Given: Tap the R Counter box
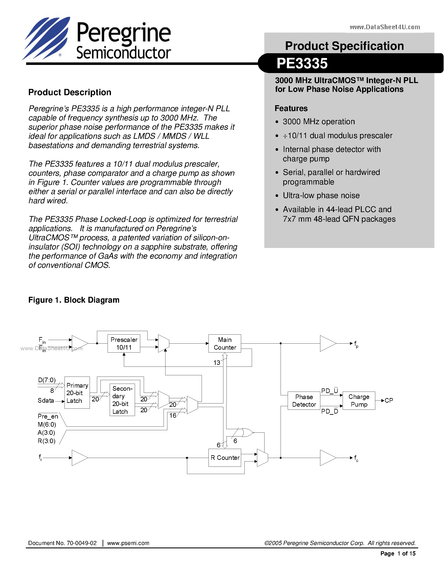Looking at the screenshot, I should tap(225, 458).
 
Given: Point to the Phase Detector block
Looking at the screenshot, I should tap(304, 401).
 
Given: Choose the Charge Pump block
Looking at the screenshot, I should tap(359, 400).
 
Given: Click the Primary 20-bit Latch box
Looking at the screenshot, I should tap(77, 393).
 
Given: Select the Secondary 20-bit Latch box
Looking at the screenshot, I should tap(122, 400).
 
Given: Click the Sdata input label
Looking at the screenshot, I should tap(46, 400).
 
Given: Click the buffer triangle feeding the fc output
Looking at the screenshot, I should tap(327, 458).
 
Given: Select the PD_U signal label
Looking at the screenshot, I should tap(329, 391).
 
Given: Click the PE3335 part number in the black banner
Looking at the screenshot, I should tap(302, 63).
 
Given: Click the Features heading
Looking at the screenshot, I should tap(291, 108).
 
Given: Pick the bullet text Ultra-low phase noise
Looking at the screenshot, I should tap(321, 195).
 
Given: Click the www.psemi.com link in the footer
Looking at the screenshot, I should tap(128, 543).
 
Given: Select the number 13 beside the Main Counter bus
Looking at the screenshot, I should tap(216, 363).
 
